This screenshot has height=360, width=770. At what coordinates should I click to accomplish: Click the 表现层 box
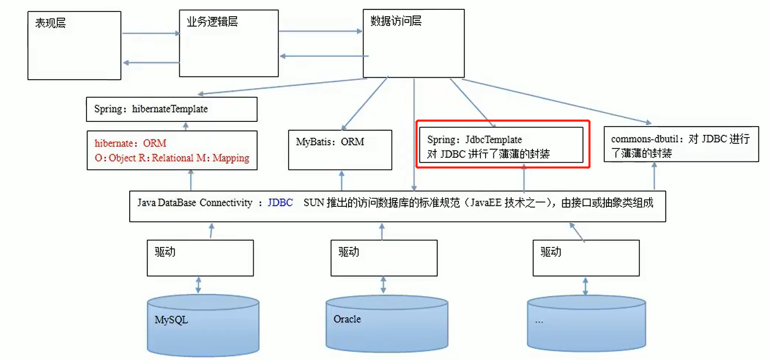click(74, 47)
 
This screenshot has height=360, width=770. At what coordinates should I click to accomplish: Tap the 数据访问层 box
click(413, 42)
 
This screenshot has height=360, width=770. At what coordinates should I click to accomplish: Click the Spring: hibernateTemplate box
click(172, 109)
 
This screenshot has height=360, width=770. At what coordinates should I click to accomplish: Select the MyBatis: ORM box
click(340, 150)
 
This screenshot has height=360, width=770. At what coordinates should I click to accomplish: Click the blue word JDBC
click(280, 203)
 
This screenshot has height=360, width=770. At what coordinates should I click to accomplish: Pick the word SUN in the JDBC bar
click(314, 203)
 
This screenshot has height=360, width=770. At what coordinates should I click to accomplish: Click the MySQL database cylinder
click(203, 322)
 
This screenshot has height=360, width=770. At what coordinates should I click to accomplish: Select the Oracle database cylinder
click(387, 323)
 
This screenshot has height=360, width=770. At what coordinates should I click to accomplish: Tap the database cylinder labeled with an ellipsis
click(586, 323)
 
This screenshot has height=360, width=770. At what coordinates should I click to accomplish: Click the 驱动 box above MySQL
click(200, 257)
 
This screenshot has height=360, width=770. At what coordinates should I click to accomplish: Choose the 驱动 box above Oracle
click(384, 257)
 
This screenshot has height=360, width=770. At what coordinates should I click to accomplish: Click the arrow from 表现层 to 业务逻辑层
click(150, 34)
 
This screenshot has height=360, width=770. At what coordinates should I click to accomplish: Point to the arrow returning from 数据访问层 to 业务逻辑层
click(324, 56)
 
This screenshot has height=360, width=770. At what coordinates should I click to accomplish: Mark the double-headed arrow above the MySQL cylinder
click(198, 285)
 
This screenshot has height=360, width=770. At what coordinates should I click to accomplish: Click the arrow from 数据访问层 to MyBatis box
click(365, 103)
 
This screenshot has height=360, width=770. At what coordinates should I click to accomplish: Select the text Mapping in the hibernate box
click(231, 158)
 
